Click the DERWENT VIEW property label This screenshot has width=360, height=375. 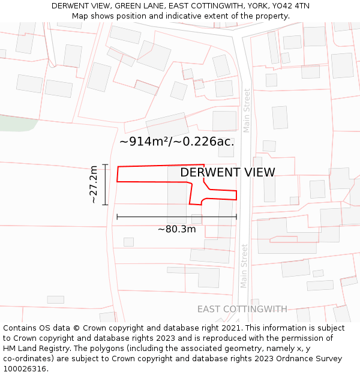click(x=227, y=173)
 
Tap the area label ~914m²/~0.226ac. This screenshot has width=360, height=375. click(x=176, y=142)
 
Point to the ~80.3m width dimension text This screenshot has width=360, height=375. click(x=176, y=229)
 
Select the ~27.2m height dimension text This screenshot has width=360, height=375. click(x=94, y=185)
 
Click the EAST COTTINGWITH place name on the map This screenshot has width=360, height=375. click(x=242, y=309)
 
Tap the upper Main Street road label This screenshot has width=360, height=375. click(x=247, y=110)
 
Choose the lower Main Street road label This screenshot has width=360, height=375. click(x=244, y=266)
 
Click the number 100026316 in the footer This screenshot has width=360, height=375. click(x=25, y=369)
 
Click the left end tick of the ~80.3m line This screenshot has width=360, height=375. click(x=117, y=217)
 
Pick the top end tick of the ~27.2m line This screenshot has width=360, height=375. click(x=105, y=164)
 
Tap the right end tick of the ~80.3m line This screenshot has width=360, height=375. click(x=236, y=217)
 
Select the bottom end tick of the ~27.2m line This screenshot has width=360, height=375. click(x=105, y=205)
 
